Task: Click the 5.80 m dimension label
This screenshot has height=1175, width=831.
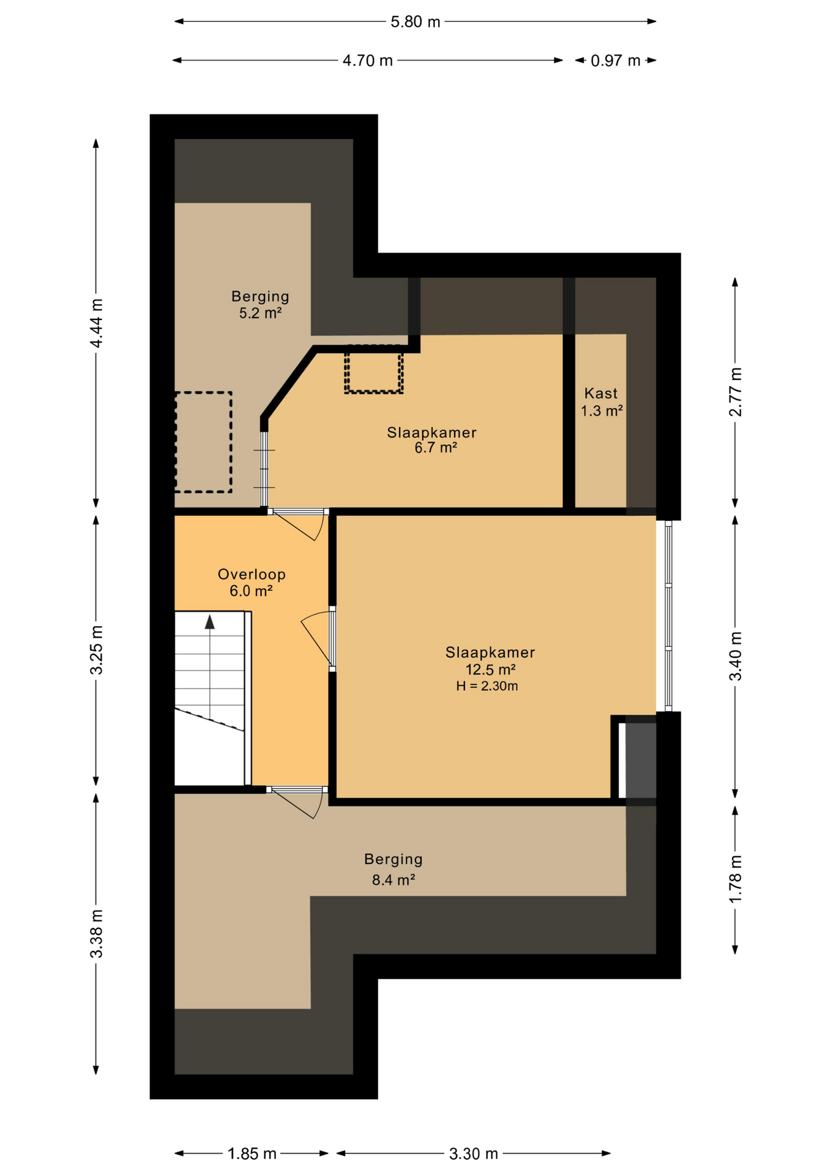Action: tap(416, 22)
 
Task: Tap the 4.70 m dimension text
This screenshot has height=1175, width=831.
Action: tap(367, 61)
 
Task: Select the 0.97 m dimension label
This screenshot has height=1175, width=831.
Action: tap(615, 61)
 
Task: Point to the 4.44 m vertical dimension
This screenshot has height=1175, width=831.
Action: tap(96, 323)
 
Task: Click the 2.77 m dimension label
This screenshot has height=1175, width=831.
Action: tap(735, 392)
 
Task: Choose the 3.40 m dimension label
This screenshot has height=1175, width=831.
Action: tap(735, 656)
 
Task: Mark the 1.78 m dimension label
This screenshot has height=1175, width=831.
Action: tap(735, 879)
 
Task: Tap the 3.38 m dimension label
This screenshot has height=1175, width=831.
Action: tap(96, 934)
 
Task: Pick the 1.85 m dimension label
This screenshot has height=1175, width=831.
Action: tap(252, 1154)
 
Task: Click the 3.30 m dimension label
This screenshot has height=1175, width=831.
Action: tap(474, 1154)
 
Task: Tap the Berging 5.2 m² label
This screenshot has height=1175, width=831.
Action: tap(260, 305)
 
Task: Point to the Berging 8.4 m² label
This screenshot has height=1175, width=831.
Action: tap(393, 870)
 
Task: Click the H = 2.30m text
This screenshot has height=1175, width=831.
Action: tap(487, 686)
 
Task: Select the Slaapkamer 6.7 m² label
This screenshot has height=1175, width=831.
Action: tap(432, 440)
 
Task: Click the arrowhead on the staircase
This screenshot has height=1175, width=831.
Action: tap(210, 622)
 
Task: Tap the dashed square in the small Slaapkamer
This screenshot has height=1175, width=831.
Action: tap(373, 369)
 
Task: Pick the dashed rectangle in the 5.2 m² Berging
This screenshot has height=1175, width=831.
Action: tap(203, 442)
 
